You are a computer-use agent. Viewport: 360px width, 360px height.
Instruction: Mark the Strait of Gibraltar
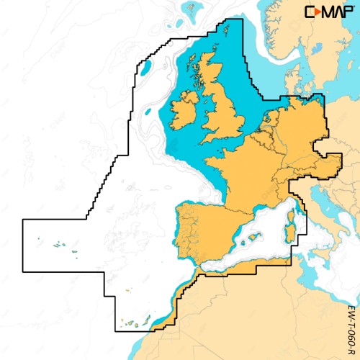click(x=197, y=267)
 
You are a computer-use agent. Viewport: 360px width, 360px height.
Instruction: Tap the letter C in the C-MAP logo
click(x=310, y=12)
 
